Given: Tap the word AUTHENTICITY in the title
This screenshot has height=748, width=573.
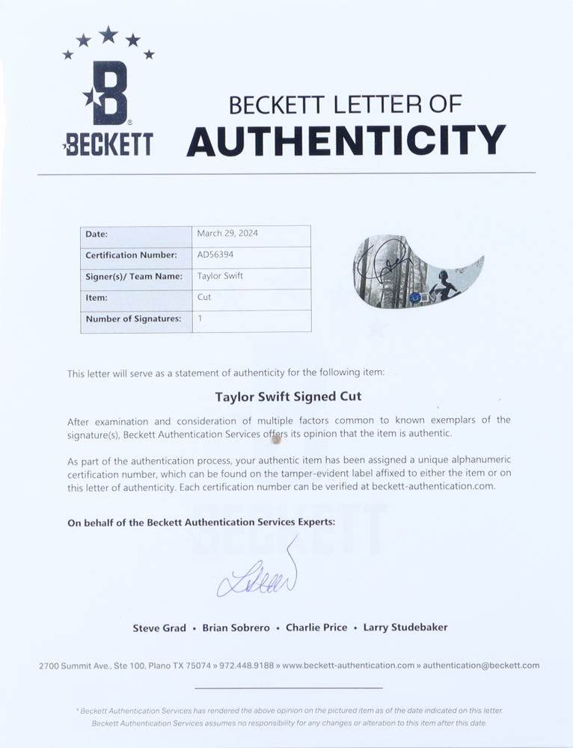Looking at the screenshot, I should pos(346,141).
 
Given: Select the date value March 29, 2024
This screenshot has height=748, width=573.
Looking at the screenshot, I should pos(227,233).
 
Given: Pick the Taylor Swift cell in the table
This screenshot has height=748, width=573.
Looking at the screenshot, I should pos(220,276).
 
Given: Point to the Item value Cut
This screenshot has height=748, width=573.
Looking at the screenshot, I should pos(204,297).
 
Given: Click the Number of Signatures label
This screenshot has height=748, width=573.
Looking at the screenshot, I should pos(133,319).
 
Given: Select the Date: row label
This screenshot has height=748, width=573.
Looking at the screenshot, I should pos(96,234).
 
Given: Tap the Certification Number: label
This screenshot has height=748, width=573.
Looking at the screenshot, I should pos(131,255).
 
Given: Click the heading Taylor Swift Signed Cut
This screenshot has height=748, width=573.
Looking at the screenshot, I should pos(288,396).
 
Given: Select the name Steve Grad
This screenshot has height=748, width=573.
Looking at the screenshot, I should pos(159,628).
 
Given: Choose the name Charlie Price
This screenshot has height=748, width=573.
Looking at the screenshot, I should pos(316,628).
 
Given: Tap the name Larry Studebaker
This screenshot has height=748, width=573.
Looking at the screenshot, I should pos(405,628).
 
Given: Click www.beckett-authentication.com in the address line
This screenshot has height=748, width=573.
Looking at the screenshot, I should pos(348,665).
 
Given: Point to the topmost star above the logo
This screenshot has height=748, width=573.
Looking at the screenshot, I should pos(108,34).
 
